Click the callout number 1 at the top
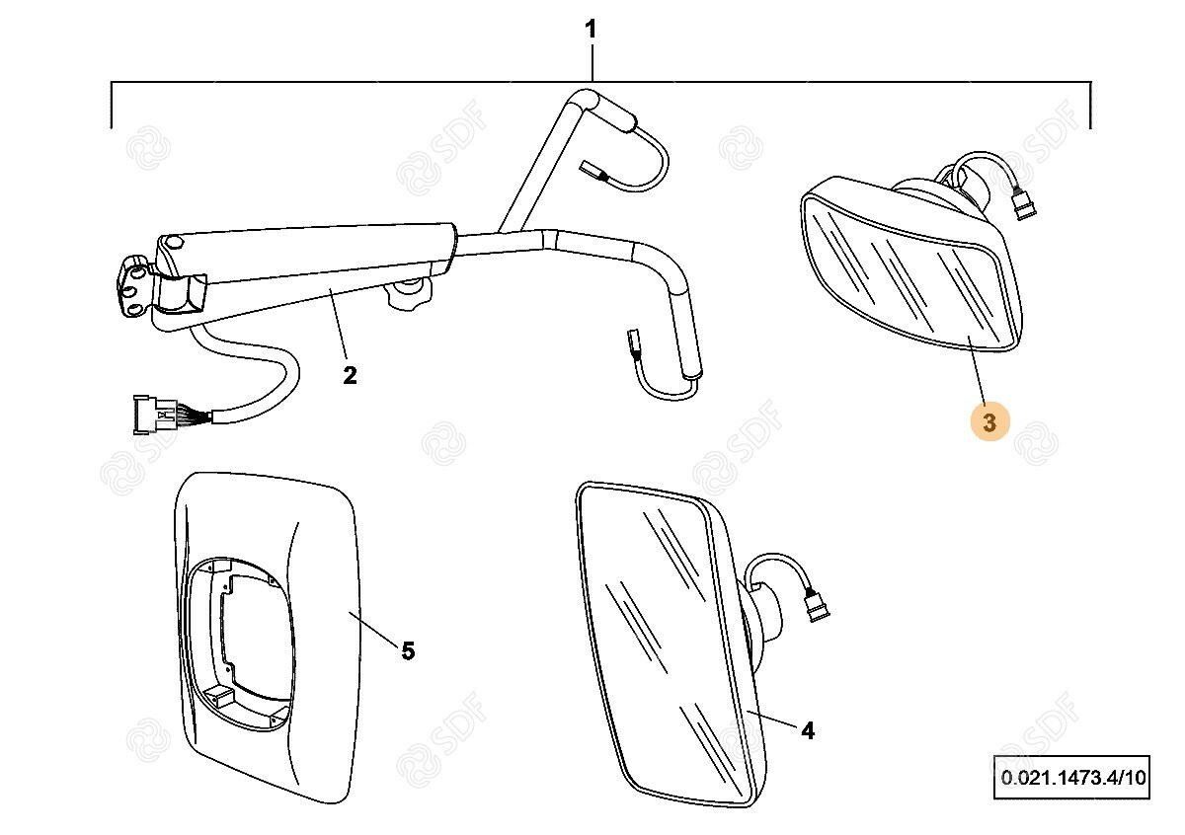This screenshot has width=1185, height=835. (591, 29)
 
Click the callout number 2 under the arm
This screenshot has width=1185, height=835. (350, 375)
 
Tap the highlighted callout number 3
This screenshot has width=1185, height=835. (989, 422)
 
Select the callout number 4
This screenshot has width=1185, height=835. (808, 731)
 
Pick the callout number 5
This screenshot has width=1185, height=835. (408, 651)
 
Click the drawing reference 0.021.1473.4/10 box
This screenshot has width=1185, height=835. (1072, 777)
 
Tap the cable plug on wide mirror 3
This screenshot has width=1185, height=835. (1023, 206)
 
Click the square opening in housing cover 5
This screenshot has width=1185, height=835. (255, 644)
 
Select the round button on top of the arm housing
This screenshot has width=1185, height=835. (173, 243)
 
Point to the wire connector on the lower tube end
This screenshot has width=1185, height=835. (633, 344)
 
